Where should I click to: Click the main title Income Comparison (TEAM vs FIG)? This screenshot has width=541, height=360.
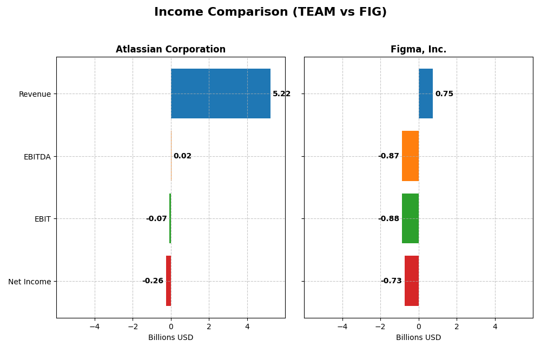(270, 12)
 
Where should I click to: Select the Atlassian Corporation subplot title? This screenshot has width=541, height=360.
(170, 50)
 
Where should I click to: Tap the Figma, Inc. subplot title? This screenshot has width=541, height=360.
(418, 50)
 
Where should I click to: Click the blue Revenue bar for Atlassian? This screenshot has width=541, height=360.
(221, 94)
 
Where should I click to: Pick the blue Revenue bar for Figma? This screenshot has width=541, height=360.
(425, 94)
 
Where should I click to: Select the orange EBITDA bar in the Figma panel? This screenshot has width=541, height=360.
(410, 156)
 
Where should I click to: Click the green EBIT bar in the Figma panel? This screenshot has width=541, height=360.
(410, 218)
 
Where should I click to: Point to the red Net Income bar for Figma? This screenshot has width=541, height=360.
(412, 281)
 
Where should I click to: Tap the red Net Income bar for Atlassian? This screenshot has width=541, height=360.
(168, 281)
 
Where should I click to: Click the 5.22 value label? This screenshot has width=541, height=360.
(281, 94)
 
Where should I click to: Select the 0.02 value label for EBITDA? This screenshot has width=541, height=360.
(182, 156)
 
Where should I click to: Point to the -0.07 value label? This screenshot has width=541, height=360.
(156, 219)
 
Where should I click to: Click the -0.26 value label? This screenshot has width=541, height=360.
(153, 281)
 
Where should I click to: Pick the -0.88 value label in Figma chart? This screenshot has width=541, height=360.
(388, 219)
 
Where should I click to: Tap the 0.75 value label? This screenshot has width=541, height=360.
(444, 94)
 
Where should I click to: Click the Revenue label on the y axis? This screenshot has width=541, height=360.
(35, 95)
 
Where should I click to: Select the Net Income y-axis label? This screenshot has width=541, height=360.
(30, 282)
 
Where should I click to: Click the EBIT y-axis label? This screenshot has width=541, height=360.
(42, 219)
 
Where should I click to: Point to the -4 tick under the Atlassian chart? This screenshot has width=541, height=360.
(95, 326)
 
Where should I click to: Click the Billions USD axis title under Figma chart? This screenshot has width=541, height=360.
(418, 338)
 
